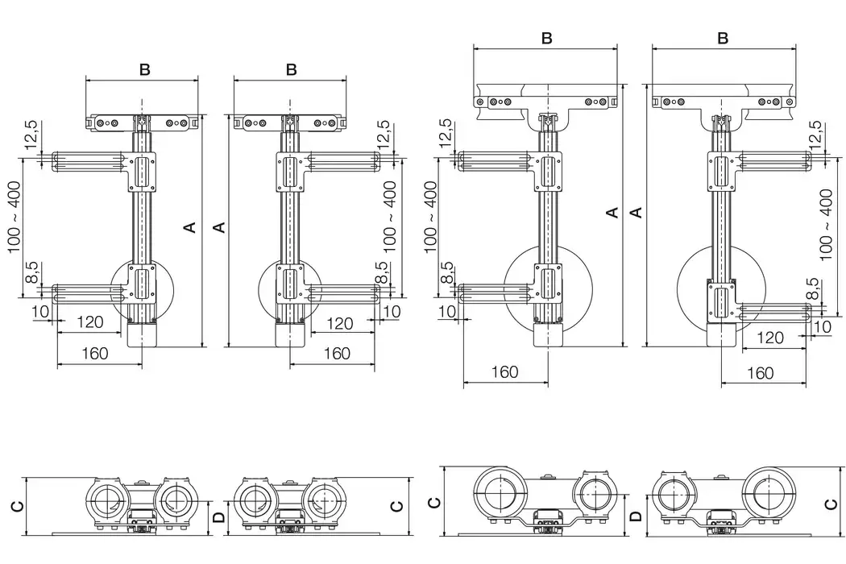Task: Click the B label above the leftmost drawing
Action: click(144, 69)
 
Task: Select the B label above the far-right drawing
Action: click(723, 39)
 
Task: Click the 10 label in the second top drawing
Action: click(392, 311)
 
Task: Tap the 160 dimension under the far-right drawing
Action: click(760, 372)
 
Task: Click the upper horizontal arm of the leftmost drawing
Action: click(89, 161)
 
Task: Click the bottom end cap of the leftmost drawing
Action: click(142, 334)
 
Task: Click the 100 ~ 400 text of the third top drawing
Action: click(429, 214)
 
